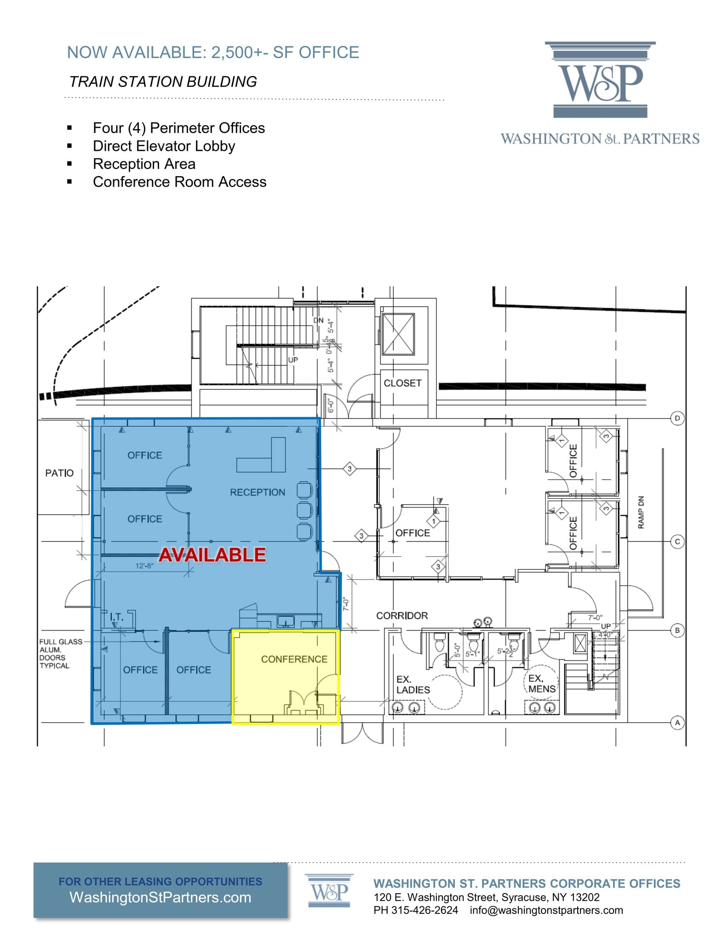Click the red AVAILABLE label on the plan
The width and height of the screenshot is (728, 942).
[212, 555]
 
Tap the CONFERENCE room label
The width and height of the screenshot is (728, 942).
[294, 659]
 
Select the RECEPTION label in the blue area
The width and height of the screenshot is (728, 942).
[258, 492]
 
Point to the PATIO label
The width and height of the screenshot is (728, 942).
[59, 473]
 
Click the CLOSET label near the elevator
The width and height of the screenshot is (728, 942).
[402, 383]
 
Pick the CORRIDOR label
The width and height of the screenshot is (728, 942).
[402, 615]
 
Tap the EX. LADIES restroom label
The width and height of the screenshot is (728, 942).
[413, 684]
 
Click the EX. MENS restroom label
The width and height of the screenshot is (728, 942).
[542, 684]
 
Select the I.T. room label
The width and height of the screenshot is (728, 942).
[116, 617]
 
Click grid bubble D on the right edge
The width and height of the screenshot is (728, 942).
[677, 418]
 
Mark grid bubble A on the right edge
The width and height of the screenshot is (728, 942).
[677, 723]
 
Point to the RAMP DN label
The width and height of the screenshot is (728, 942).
[641, 512]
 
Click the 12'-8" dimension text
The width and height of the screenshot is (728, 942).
[144, 566]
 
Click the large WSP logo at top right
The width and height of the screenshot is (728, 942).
[600, 80]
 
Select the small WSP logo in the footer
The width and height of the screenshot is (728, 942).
[329, 891]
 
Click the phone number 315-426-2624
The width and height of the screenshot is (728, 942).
[424, 910]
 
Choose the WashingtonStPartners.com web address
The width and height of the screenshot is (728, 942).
[160, 897]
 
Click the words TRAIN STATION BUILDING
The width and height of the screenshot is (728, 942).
[163, 81]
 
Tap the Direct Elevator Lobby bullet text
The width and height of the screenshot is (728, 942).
[164, 146]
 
